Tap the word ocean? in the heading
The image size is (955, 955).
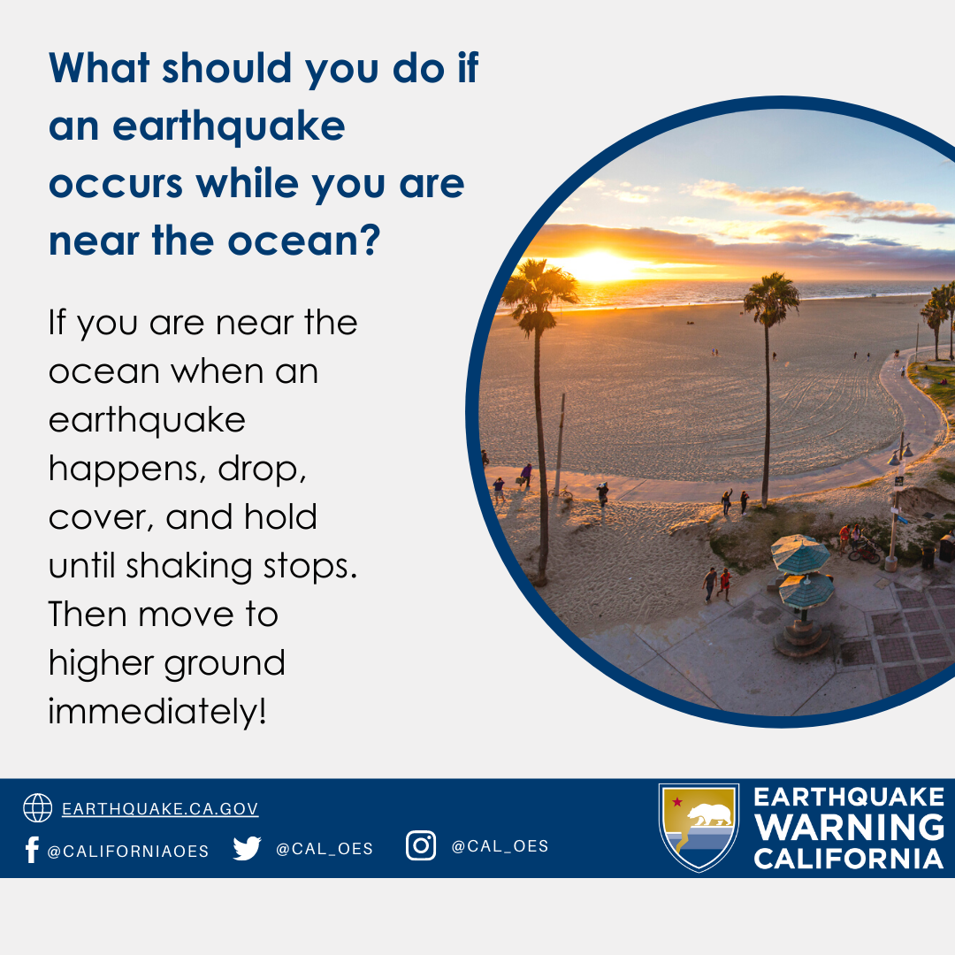pyautogui.click(x=304, y=241)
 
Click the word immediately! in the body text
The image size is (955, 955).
pyautogui.click(x=157, y=711)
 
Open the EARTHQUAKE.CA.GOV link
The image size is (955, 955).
pyautogui.click(x=160, y=809)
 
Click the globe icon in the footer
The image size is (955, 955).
pyautogui.click(x=38, y=808)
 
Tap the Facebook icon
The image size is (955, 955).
pyautogui.click(x=33, y=849)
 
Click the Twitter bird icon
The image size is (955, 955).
pyautogui.click(x=247, y=848)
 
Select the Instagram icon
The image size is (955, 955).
pyautogui.click(x=421, y=845)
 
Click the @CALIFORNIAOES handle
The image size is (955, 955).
pyautogui.click(x=128, y=851)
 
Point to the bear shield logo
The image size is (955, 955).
pyautogui.click(x=699, y=827)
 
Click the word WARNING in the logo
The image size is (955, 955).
pyautogui.click(x=850, y=827)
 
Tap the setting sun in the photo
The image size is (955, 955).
pyautogui.click(x=600, y=266)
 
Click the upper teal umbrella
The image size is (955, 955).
pyautogui.click(x=799, y=554)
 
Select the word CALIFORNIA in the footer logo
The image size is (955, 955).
pyautogui.click(x=849, y=858)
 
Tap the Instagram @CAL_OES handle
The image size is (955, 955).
pyautogui.click(x=500, y=846)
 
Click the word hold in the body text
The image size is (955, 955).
pyautogui.click(x=280, y=517)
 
